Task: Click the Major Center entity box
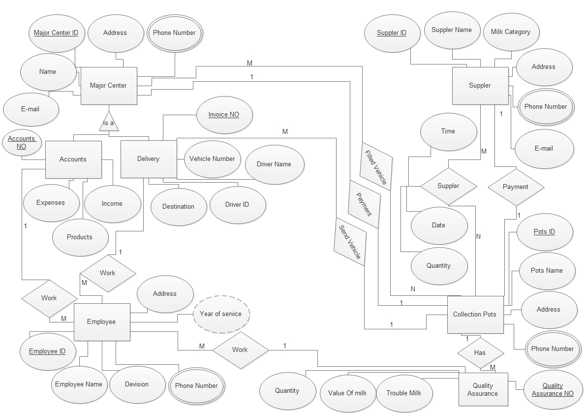(x=109, y=86)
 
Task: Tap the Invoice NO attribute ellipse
(x=224, y=115)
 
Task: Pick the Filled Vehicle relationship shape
(x=376, y=166)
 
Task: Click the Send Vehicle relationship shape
(x=350, y=242)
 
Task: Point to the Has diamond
(x=480, y=353)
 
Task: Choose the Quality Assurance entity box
(x=483, y=389)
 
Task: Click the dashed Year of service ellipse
(x=221, y=314)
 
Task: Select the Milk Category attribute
(x=511, y=32)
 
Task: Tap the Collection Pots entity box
(x=475, y=315)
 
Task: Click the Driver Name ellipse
(x=275, y=164)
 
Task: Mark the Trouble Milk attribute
(x=404, y=393)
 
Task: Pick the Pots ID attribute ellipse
(x=545, y=232)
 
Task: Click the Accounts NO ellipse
(x=22, y=142)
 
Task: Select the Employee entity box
(x=102, y=322)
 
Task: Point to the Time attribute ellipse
(x=448, y=131)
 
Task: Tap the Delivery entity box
(x=149, y=159)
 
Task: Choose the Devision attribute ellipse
(x=137, y=384)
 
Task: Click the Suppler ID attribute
(x=392, y=33)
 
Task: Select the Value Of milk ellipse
(x=348, y=393)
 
